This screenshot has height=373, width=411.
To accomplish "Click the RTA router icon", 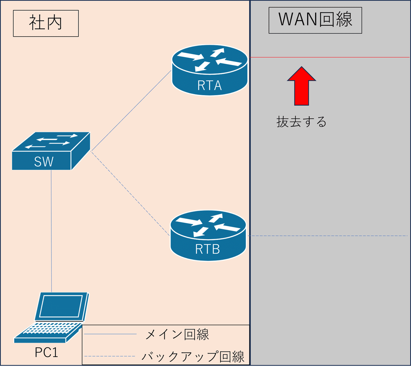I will point(210,70).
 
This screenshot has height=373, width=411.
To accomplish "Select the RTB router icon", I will point(208,236).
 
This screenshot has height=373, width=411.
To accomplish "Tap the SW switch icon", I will point(51,151).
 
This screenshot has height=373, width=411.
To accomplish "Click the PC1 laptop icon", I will point(51,317).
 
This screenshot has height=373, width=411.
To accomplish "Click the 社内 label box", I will point(46,23).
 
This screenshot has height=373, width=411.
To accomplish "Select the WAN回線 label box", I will point(315,20).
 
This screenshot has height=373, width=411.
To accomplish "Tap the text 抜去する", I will point(301,122).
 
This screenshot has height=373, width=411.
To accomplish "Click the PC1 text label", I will point(47,352).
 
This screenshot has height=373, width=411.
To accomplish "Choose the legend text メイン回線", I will point(177,334).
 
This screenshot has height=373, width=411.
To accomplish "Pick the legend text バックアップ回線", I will point(193,357).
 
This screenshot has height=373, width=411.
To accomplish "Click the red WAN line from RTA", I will point(331,57).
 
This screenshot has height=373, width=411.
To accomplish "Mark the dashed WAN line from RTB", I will point(327,236).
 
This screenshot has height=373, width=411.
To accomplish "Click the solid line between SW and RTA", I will point(131,111).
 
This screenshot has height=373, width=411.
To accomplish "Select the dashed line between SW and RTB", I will point(130,194).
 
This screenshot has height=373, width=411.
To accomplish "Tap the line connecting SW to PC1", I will point(51,231).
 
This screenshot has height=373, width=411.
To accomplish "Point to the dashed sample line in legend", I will point(110,357).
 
